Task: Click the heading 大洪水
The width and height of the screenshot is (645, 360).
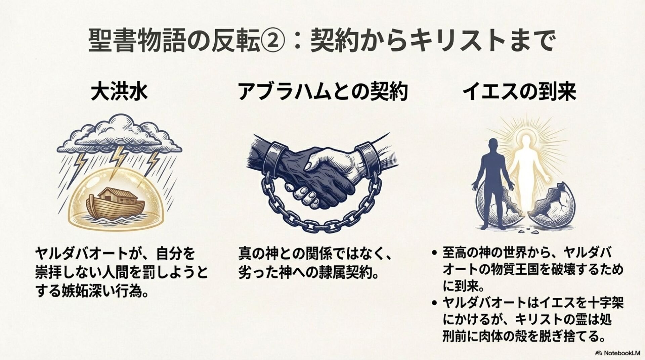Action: point(119,91)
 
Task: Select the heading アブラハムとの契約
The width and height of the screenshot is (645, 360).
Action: point(323,91)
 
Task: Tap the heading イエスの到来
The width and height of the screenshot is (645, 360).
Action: point(519,91)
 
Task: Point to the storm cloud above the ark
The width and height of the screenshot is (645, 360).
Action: point(119,134)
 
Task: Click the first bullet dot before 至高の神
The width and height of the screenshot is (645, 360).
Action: point(435,253)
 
